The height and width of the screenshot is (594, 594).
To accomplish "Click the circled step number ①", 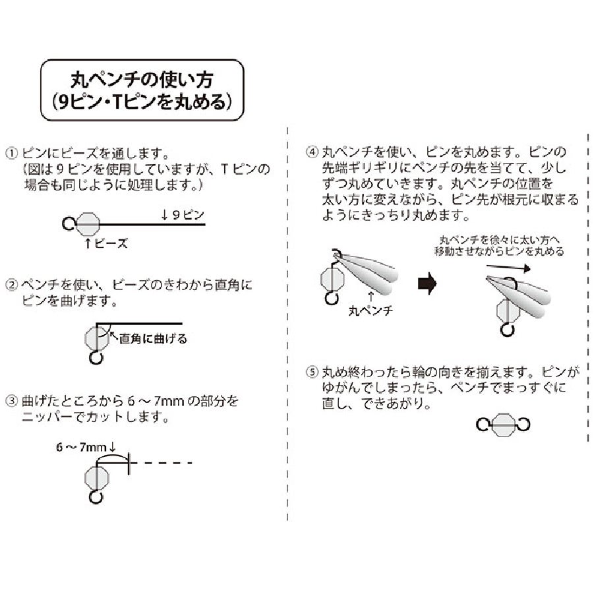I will coord(12,152).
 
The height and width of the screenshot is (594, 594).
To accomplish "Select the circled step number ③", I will coord(12,401).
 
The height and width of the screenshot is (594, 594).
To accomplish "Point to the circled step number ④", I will coord(312,152).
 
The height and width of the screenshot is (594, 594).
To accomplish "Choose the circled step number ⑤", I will coord(312,373).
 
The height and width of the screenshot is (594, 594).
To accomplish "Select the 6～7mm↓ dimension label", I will coord(86,447).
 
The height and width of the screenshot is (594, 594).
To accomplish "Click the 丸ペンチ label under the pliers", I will coord(373,310).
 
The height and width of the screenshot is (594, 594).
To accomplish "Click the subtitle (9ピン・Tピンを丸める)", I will coord(142,102).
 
